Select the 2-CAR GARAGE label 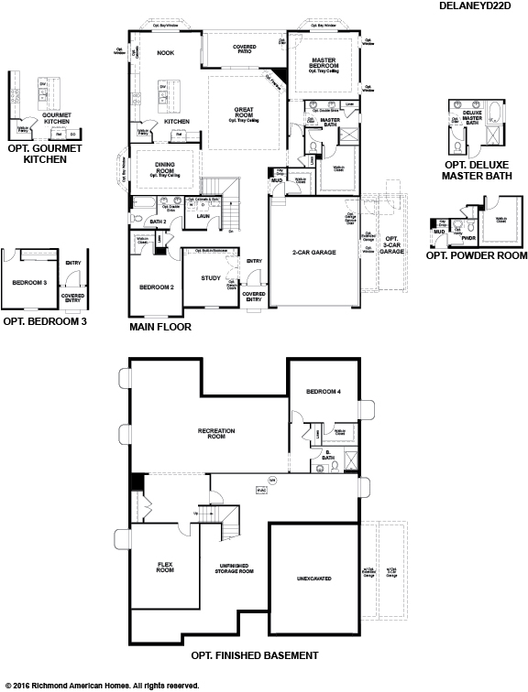click(x=315, y=252)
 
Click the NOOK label click(x=165, y=53)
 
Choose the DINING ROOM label click(x=165, y=168)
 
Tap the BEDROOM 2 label click(x=156, y=287)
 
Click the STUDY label click(x=210, y=277)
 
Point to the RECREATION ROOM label click(x=217, y=433)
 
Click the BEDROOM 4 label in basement click(x=324, y=392)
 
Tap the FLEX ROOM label click(x=165, y=567)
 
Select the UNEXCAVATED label click(x=313, y=578)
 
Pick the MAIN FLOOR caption click(x=160, y=325)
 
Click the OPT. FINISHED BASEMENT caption click(x=254, y=655)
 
